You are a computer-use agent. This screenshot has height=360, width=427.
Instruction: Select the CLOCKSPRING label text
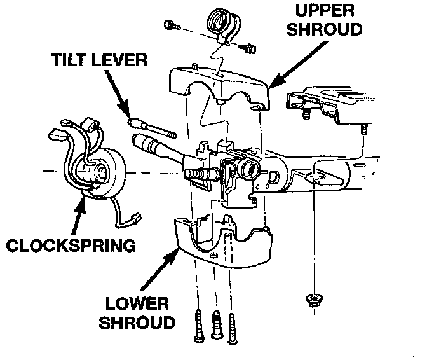tap(71, 245)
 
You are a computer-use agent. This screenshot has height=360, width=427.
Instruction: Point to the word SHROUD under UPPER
tap(325, 30)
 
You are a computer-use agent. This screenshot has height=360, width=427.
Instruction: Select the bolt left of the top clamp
tap(170, 25)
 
